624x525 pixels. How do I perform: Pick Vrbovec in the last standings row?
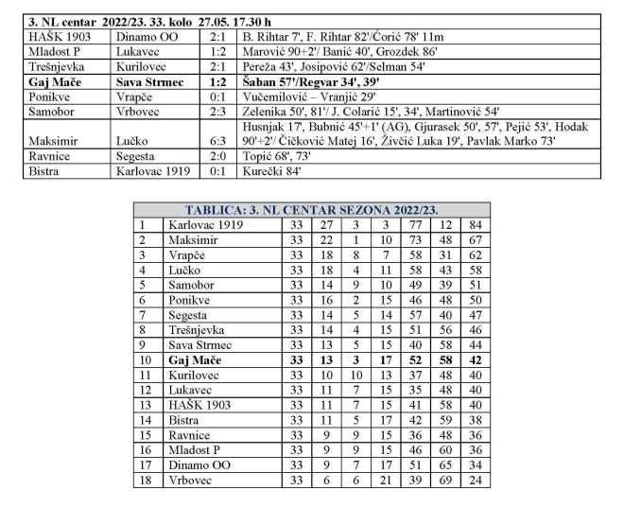pos(191,480)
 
